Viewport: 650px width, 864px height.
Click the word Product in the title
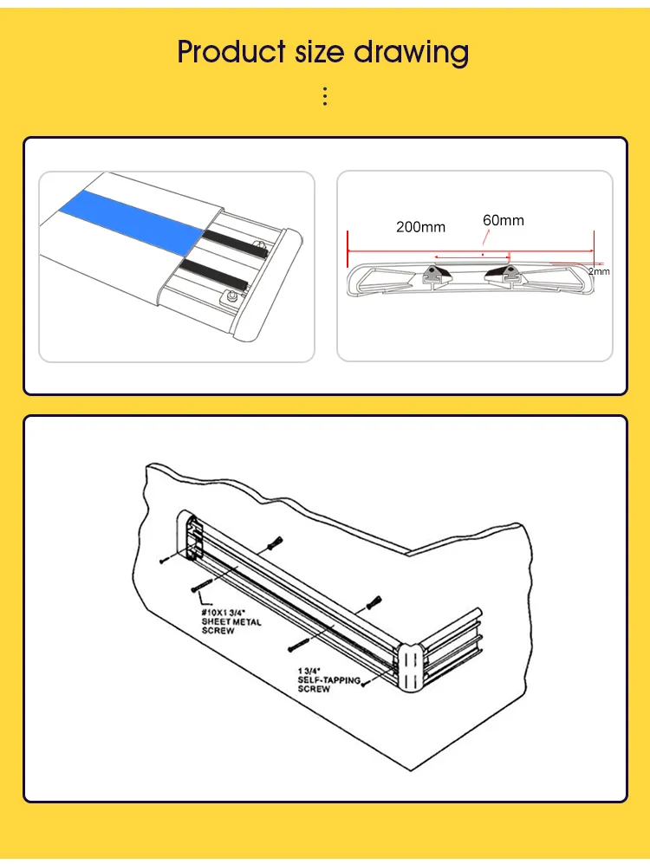point(231,52)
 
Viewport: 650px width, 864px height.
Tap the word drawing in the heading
point(411,53)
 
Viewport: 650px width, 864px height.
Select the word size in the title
point(319,52)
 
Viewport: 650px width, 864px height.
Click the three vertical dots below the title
point(325,96)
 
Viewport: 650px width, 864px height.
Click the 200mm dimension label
point(421,226)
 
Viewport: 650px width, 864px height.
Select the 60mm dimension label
point(504,220)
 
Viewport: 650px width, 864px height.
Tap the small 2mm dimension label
point(599,271)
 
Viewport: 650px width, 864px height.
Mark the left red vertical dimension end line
point(348,249)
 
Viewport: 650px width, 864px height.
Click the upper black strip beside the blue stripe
point(235,244)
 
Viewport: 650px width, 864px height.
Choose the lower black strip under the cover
point(213,275)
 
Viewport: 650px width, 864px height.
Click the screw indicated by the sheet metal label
point(202,586)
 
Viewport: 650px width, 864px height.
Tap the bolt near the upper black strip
point(259,245)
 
